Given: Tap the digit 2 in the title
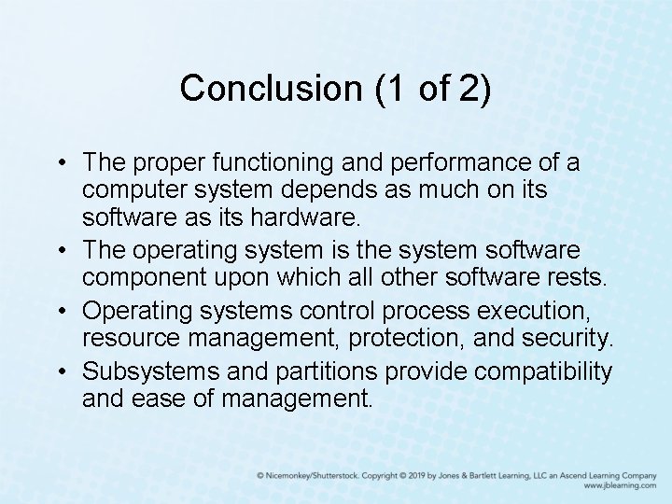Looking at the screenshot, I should click(x=475, y=89).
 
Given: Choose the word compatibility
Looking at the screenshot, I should click(x=543, y=371).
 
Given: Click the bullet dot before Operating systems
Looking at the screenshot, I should click(x=61, y=309).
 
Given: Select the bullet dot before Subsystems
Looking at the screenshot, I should click(x=61, y=371).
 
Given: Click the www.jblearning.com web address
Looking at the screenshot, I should click(x=620, y=486).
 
